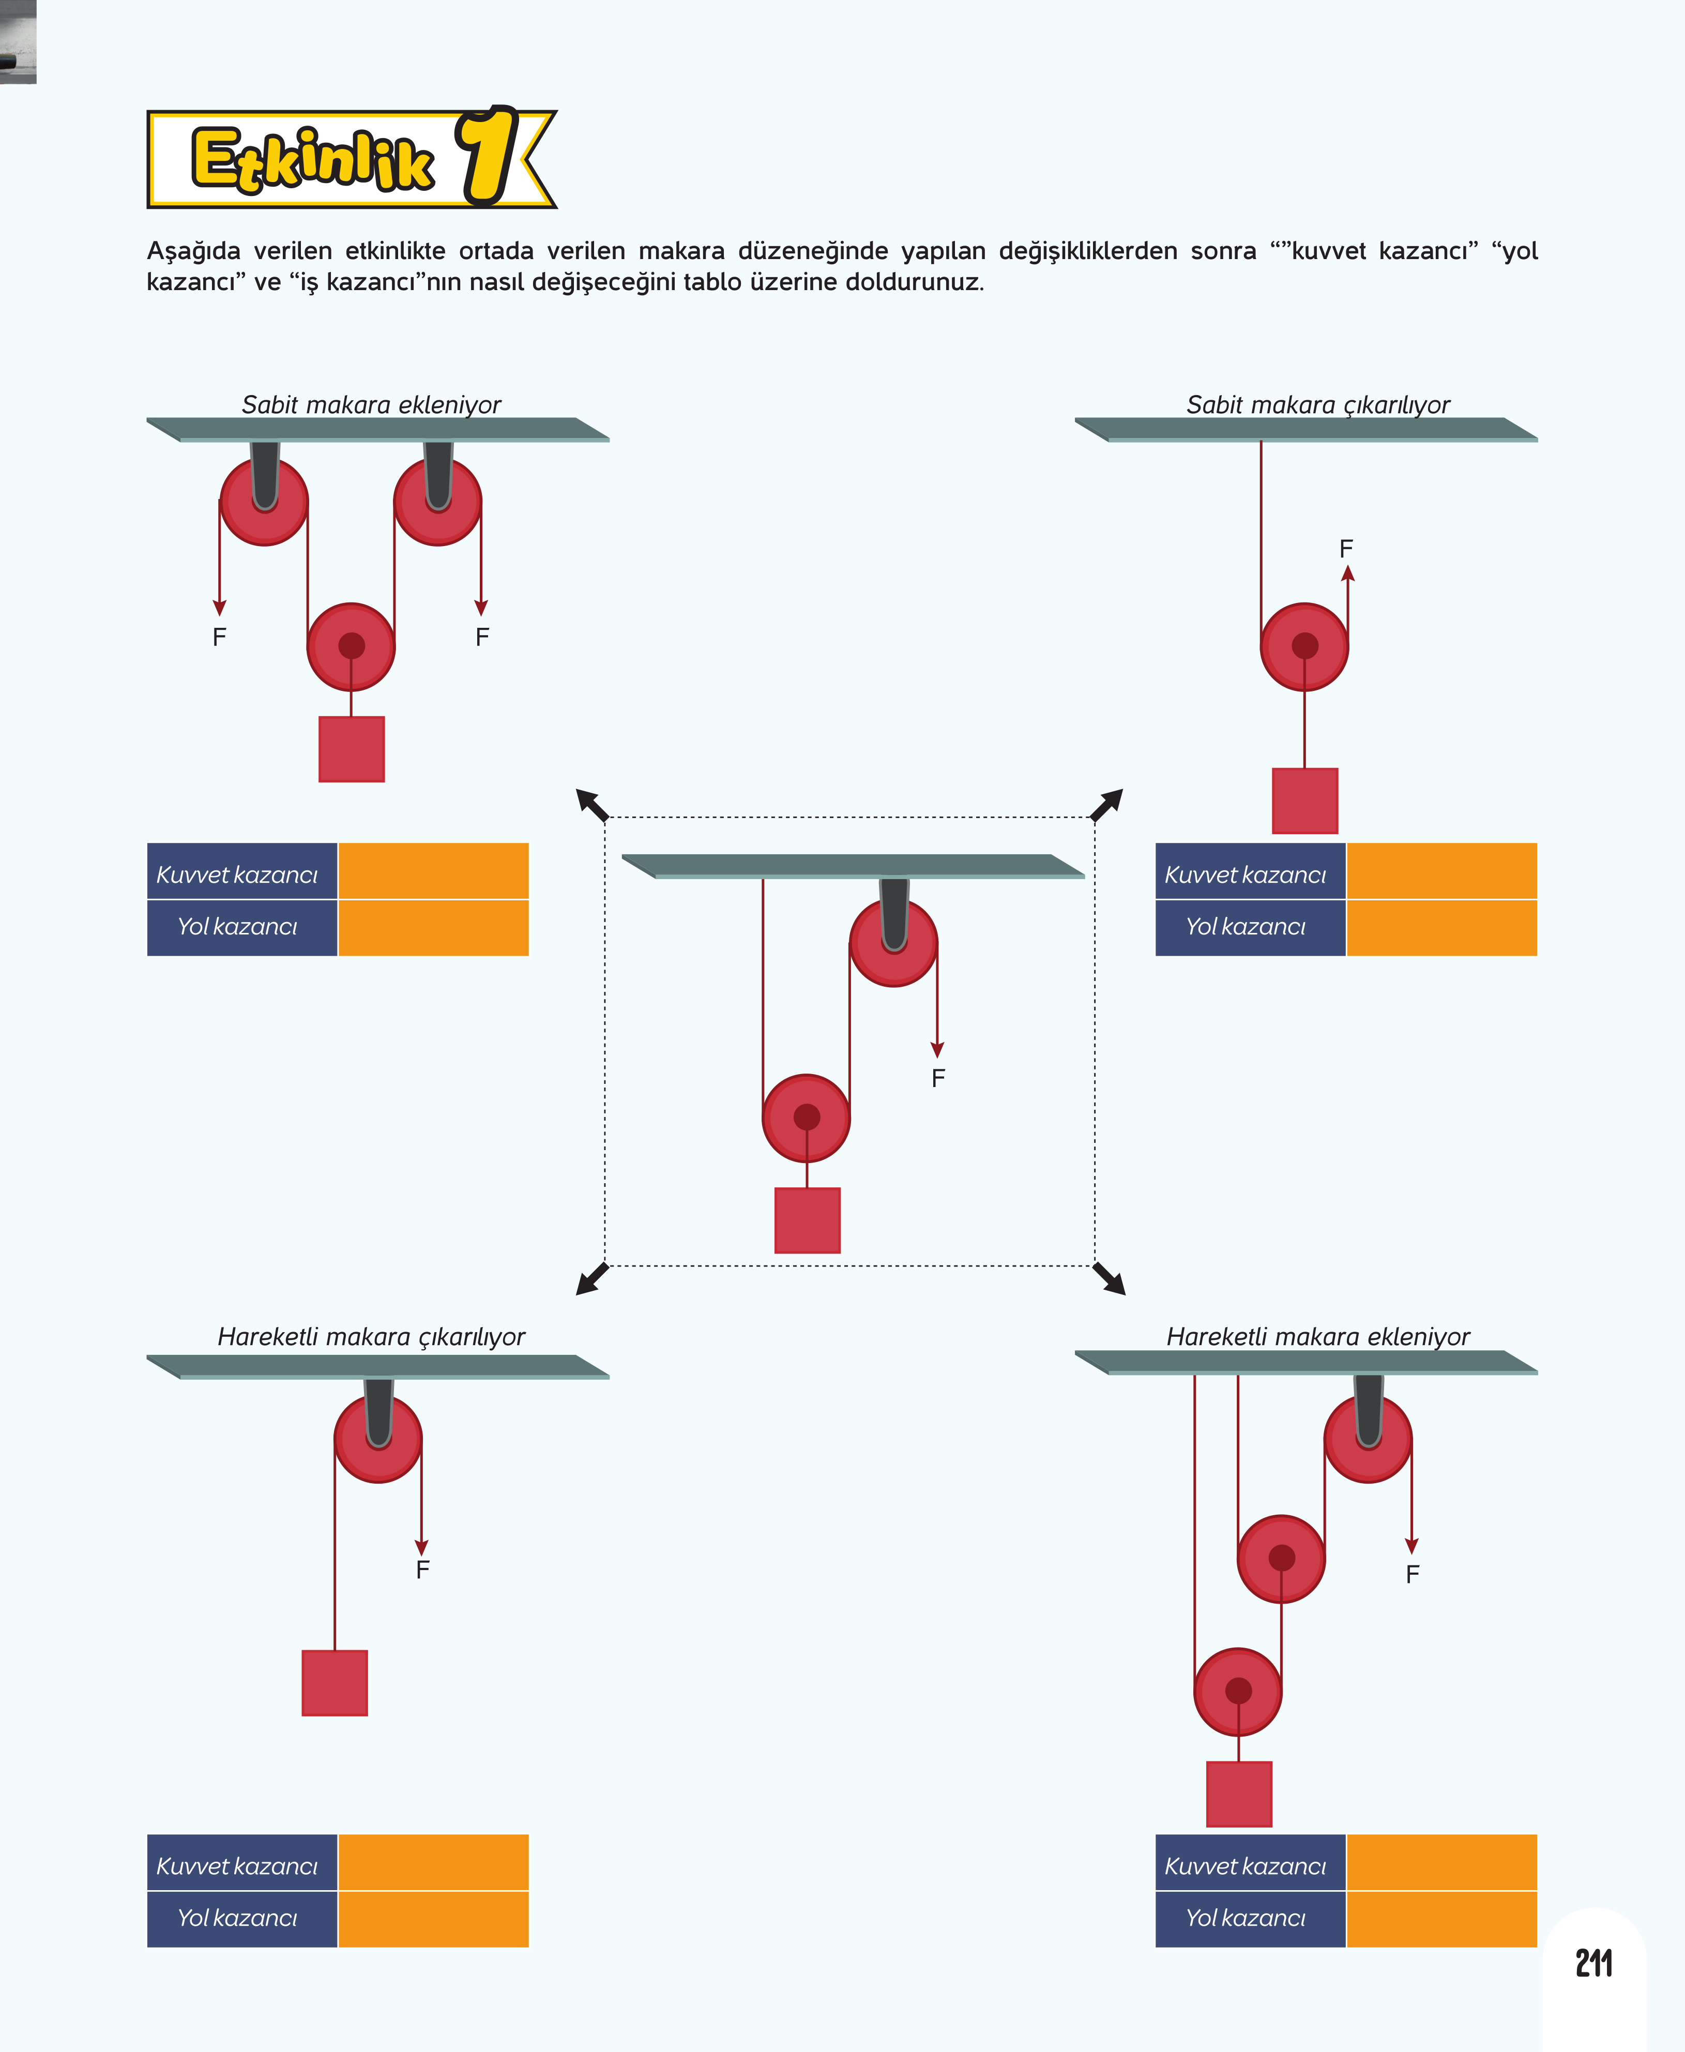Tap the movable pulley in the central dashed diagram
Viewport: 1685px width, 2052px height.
tap(807, 1117)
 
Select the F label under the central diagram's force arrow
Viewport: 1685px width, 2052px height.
tap(937, 1077)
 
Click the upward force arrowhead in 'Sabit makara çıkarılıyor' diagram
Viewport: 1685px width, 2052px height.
tap(1347, 574)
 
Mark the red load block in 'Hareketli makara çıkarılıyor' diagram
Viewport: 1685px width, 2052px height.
tap(335, 1682)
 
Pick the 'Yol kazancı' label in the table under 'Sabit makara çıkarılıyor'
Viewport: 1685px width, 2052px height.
tap(1246, 927)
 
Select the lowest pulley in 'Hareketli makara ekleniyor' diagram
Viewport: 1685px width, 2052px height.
tap(1238, 1691)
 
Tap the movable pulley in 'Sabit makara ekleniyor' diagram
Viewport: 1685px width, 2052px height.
tap(352, 646)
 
